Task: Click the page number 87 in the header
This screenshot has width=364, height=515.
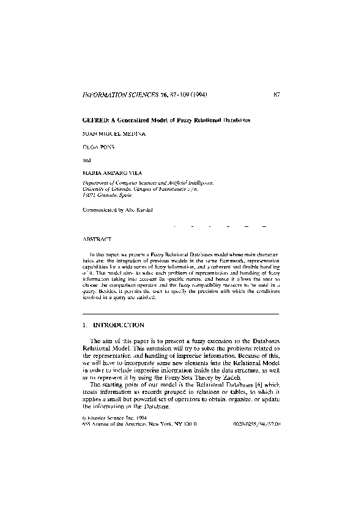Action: (277, 95)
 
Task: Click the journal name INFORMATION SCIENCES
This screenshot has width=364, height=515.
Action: (119, 95)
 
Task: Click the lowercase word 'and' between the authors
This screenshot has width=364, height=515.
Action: (86, 161)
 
